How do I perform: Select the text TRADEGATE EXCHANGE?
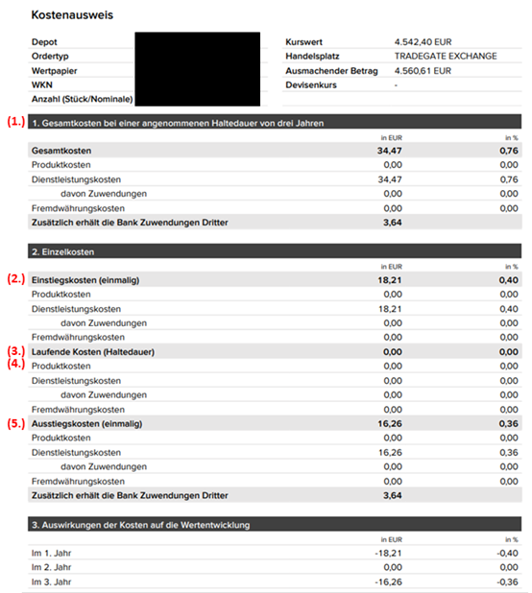click(x=446, y=57)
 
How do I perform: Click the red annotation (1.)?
click(x=15, y=122)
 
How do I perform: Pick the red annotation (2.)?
click(x=15, y=278)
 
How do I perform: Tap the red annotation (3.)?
click(x=15, y=351)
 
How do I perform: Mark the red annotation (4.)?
click(x=15, y=365)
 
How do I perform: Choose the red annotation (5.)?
click(x=15, y=422)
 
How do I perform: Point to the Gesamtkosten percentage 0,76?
click(x=509, y=152)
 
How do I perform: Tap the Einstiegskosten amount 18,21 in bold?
click(x=389, y=279)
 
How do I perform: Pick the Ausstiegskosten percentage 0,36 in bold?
click(x=509, y=423)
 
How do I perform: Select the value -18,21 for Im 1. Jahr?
click(x=388, y=554)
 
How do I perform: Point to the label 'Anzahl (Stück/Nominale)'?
click(x=82, y=99)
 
